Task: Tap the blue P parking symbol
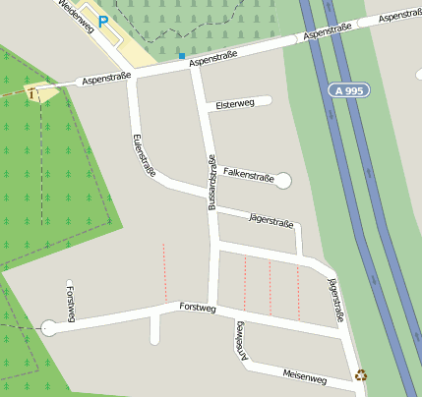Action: (102, 21)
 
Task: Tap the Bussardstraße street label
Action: (211, 183)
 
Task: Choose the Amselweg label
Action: (239, 341)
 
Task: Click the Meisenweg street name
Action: (304, 376)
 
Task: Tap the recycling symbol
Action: (362, 374)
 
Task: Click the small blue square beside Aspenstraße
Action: (181, 56)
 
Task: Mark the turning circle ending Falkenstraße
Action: (283, 181)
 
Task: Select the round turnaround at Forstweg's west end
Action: (49, 327)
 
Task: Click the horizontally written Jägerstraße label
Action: (271, 222)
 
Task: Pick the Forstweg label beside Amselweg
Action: (197, 308)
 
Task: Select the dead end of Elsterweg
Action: (267, 100)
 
